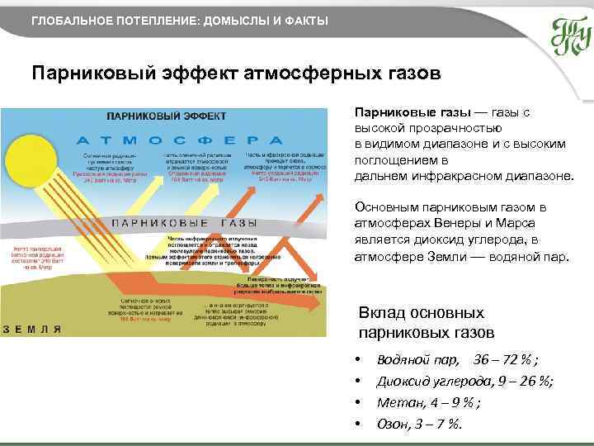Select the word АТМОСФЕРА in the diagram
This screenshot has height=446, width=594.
[181, 140]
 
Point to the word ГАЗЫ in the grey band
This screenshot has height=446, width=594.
[238, 223]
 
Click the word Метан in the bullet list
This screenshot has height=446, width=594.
[397, 403]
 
